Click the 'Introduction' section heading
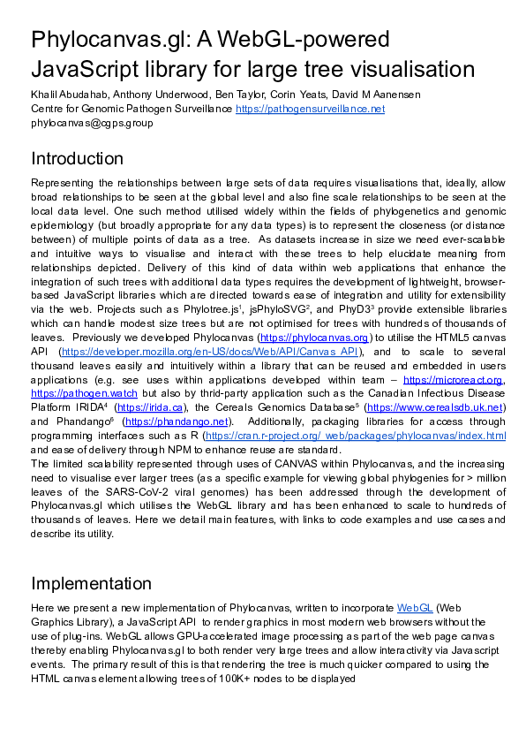(78, 159)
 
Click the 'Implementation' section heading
(91, 583)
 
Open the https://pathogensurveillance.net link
(310, 109)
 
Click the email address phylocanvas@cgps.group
(92, 123)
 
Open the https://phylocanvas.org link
(313, 338)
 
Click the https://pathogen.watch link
(85, 393)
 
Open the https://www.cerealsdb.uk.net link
(434, 407)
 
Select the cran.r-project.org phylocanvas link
(355, 436)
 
